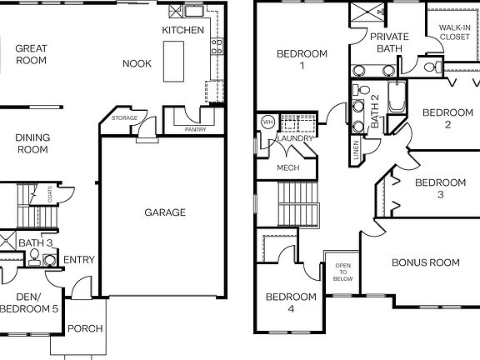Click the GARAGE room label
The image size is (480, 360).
165,212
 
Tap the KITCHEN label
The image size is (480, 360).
182,30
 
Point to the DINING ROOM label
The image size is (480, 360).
32,143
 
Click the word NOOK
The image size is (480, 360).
137,63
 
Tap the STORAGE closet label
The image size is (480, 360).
124,118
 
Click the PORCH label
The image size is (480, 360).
85,328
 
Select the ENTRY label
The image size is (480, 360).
79,259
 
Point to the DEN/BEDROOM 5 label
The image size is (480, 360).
30,302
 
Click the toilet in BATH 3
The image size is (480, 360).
35,258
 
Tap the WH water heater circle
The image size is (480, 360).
267,122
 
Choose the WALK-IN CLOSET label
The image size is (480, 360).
453,31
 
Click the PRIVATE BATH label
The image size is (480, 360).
390,43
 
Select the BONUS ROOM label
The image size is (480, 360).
425,262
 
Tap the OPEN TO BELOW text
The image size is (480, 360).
343,272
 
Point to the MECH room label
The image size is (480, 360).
288,167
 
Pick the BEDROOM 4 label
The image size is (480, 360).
291,302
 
